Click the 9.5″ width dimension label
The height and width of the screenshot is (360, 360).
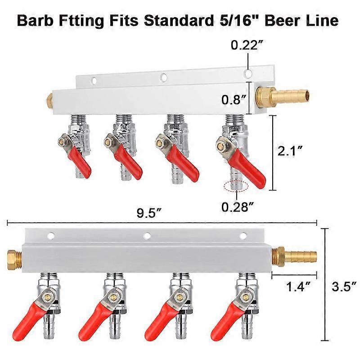(149, 214)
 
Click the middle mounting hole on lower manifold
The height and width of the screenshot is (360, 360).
(147, 235)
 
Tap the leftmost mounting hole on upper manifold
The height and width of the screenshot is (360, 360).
(94, 81)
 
